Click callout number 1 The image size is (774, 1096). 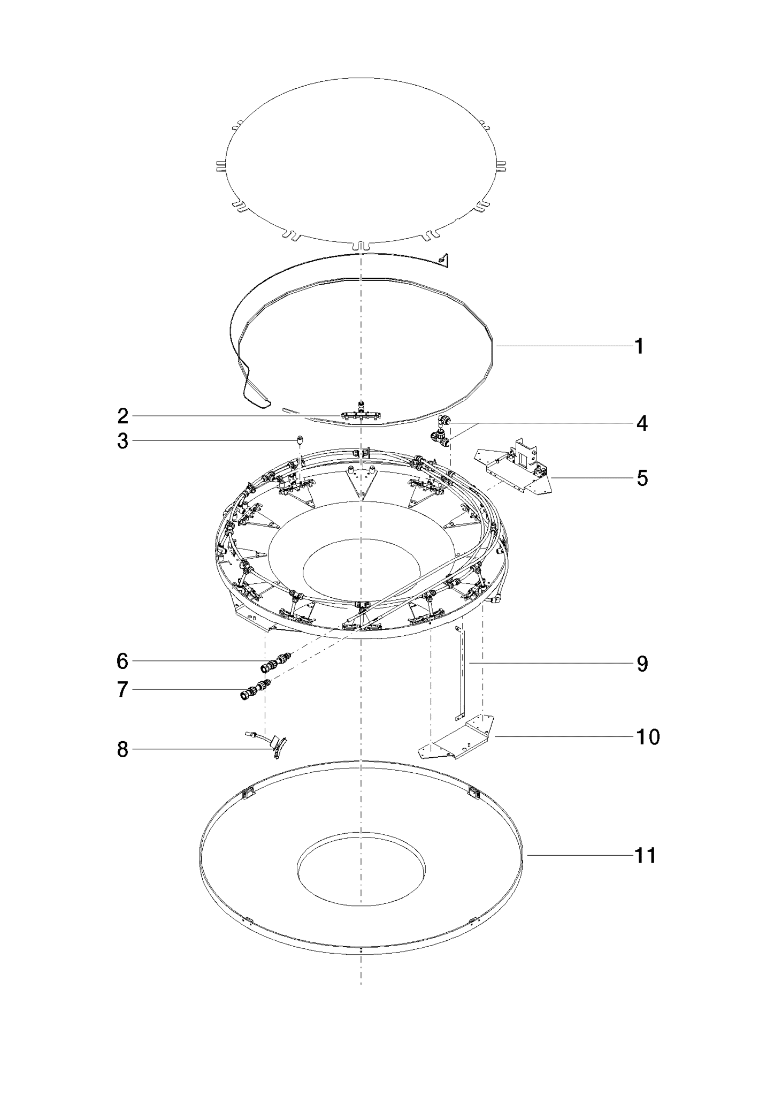(639, 347)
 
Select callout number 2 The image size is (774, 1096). (123, 416)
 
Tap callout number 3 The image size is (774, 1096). (123, 442)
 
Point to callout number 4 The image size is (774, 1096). (642, 424)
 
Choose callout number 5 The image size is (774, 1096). (642, 478)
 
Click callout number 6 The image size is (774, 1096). (123, 662)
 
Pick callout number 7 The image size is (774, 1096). (123, 690)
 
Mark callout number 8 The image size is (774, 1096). (123, 750)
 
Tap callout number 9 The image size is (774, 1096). (642, 664)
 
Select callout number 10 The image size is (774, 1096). (648, 737)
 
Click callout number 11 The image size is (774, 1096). (645, 856)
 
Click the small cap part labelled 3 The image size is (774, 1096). (301, 440)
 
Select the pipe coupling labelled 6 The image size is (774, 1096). (275, 662)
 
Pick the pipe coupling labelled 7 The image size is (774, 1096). (256, 690)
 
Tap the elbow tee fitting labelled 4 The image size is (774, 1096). (441, 430)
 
